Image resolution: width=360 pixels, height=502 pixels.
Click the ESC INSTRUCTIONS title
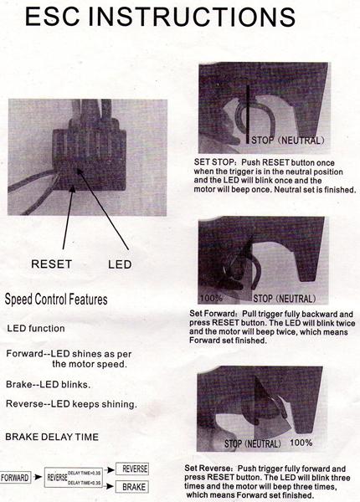tap(160, 17)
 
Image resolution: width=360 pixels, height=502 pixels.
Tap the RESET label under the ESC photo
tap(52, 264)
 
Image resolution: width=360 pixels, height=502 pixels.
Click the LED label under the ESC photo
tap(120, 264)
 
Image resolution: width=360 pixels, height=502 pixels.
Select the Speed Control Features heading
tap(56, 300)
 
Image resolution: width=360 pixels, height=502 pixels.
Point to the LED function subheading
tap(36, 329)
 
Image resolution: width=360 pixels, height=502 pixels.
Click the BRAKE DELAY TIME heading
tap(52, 437)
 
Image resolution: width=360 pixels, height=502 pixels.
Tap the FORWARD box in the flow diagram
tap(15, 478)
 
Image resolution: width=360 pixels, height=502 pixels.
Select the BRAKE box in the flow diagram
tap(132, 487)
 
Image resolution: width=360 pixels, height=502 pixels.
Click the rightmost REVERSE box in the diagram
tap(132, 469)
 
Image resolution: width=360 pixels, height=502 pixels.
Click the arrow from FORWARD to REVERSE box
tap(38, 477)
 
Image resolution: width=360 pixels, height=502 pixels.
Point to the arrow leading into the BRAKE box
tap(111, 486)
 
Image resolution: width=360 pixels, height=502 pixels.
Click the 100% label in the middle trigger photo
tap(211, 298)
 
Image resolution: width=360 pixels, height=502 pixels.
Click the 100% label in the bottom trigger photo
tap(301, 443)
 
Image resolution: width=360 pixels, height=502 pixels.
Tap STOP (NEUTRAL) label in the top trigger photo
tap(288, 141)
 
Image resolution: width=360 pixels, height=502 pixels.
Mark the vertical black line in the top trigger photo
tap(248, 115)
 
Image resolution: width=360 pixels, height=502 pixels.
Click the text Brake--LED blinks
tap(48, 385)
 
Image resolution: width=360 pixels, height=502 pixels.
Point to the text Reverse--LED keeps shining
tap(71, 404)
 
